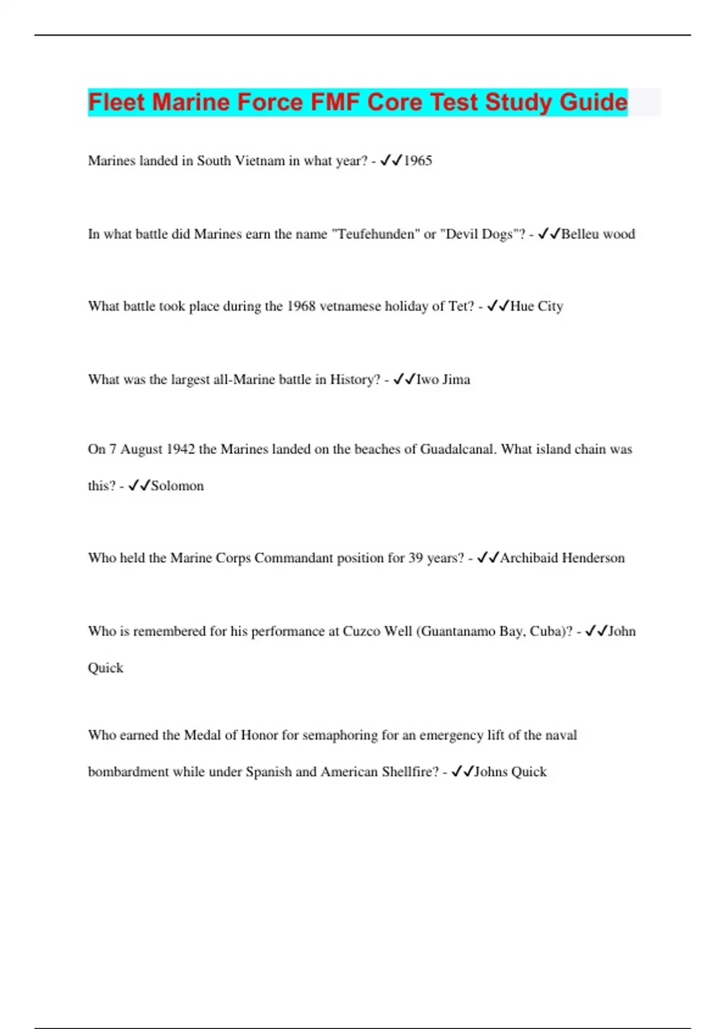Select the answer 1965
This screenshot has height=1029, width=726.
pyautogui.click(x=417, y=161)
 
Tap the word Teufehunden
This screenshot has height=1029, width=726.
pyautogui.click(x=375, y=234)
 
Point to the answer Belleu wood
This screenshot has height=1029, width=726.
pyautogui.click(x=598, y=234)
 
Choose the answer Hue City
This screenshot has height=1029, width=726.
pyautogui.click(x=536, y=306)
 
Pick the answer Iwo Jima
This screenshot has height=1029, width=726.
pyautogui.click(x=443, y=380)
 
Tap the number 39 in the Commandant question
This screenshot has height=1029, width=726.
pyautogui.click(x=416, y=557)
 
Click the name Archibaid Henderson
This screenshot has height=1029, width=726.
pyautogui.click(x=562, y=557)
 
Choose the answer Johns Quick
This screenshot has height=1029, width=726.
pyautogui.click(x=510, y=772)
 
